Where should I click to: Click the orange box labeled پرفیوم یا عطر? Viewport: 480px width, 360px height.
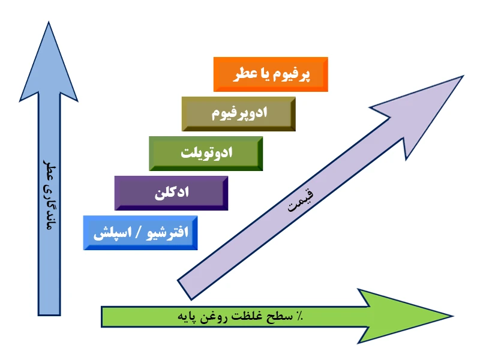coord(271,74)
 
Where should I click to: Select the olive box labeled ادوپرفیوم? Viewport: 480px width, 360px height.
coord(238,114)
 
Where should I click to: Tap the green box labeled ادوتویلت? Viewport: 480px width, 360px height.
coord(206,154)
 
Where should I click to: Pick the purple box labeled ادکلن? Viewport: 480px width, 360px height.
coord(171,193)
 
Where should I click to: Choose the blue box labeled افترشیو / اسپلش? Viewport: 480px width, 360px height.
coord(140,233)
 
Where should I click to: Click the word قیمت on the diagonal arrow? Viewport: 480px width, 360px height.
coord(301,200)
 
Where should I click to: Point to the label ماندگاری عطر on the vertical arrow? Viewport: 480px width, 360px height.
coord(50,194)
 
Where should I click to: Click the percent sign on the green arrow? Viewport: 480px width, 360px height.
coord(299,316)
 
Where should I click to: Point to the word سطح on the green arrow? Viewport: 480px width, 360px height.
coord(278,316)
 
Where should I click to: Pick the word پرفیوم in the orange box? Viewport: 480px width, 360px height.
coord(293,75)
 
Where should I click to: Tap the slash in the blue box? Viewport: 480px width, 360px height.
coord(139,233)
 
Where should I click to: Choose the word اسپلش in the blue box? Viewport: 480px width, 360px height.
coord(113,233)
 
